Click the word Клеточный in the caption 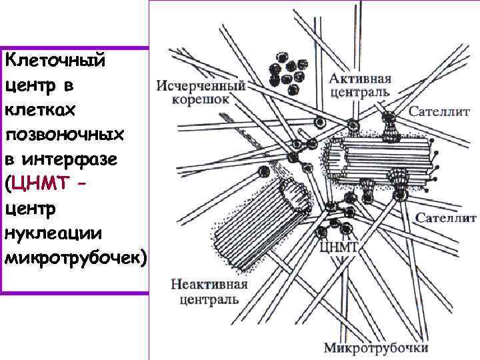pos(55,61)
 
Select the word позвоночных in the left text pos(65,135)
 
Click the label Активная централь pos(360,85)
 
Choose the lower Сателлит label pos(446,218)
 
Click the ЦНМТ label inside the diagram pos(339,247)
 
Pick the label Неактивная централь pos(209,292)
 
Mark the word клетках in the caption pos(38,111)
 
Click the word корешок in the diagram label pos(201,99)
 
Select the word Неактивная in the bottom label pos(209,285)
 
